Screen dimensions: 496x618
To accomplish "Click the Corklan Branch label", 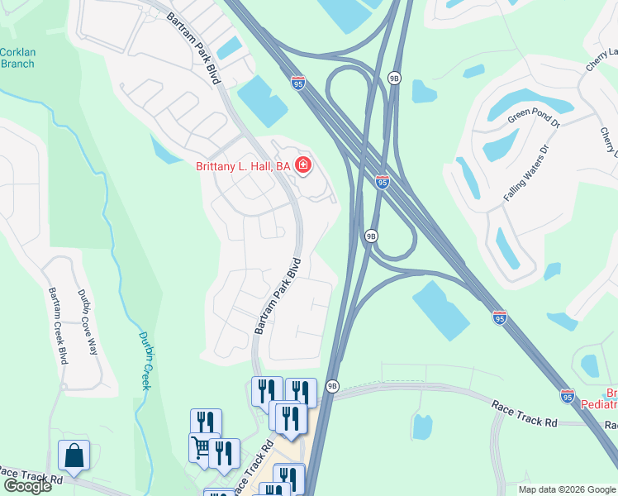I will (x=17, y=58).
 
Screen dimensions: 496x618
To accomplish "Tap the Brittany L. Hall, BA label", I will (x=244, y=166).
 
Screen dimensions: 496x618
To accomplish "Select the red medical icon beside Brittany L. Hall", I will (x=303, y=166).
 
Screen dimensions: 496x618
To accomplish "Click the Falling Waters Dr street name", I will (x=526, y=174).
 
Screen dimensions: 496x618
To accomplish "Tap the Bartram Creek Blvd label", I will (x=57, y=326).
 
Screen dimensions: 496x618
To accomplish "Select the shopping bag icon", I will (x=74, y=455).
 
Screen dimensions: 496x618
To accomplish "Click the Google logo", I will (x=26, y=486).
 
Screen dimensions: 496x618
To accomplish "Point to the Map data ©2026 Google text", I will (x=568, y=489).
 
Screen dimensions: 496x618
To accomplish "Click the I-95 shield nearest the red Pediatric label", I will (x=567, y=396).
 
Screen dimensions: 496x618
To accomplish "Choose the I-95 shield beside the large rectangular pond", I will (x=499, y=317).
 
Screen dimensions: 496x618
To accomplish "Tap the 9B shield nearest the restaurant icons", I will (x=332, y=385).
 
